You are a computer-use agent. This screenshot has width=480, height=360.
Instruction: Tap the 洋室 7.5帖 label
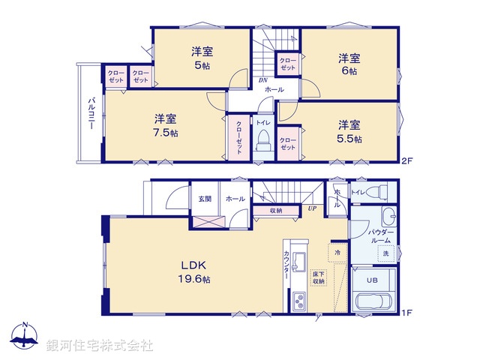pyautogui.click(x=166, y=125)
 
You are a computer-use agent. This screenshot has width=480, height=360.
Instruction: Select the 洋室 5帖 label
pyautogui.click(x=202, y=58)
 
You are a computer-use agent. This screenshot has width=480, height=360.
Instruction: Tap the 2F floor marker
pyautogui.click(x=407, y=160)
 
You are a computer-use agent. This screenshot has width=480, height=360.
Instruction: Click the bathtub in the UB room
pyautogui.click(x=372, y=304)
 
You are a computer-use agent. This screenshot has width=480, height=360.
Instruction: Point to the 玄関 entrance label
pyautogui.click(x=205, y=199)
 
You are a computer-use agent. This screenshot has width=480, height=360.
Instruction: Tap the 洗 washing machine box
pyautogui.click(x=385, y=253)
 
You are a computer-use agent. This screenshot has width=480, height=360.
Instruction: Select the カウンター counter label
pyautogui.click(x=288, y=265)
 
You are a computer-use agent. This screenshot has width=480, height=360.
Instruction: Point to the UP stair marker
pyautogui.click(x=310, y=208)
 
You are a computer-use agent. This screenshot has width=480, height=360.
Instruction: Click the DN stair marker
pyautogui.click(x=263, y=80)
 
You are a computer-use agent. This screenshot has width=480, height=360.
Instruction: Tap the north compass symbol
pyautogui.click(x=25, y=338)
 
